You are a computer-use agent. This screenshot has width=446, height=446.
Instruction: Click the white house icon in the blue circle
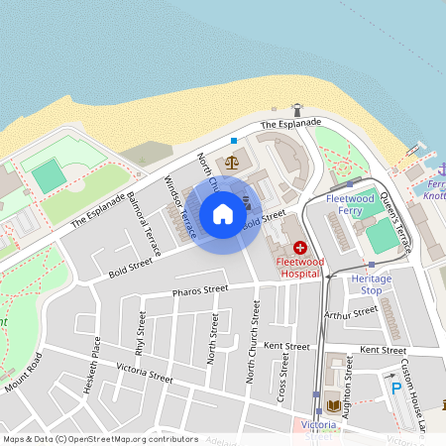tap(223, 214)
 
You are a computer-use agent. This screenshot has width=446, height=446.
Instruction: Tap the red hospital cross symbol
tap(299, 247)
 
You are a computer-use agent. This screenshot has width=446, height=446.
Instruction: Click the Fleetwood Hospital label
tap(299, 266)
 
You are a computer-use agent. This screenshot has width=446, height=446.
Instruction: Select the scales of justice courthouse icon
tap(232, 162)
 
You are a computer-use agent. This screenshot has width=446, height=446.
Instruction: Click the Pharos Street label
tap(200, 290)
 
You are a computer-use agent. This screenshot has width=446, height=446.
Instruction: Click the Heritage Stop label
tap(372, 284)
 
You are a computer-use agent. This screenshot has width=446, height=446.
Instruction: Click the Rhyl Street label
tap(141, 333)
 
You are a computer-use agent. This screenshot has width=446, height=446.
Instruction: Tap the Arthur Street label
tap(352, 314)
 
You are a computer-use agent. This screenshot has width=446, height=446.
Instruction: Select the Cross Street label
tap(283, 376)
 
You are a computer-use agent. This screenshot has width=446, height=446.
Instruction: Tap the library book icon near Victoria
tap(331, 406)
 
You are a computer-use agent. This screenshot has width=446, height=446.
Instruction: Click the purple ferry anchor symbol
tap(432, 167)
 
